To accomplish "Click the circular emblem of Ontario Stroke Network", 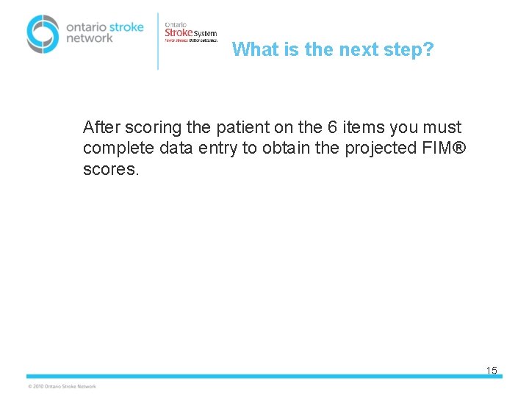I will point(43,34).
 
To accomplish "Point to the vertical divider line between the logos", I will point(158,40).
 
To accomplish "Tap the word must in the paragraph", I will point(442,127).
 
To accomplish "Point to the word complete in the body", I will point(115,149).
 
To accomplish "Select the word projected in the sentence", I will point(382,149).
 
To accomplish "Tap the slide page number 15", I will point(492,371).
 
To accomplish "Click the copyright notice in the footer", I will point(62,386).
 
